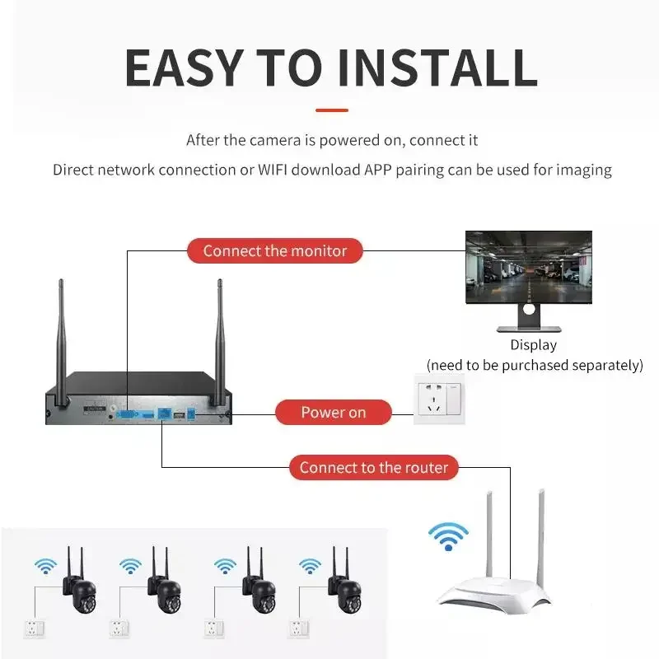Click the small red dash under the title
pyautogui.click(x=331, y=110)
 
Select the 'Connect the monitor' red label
pyautogui.click(x=275, y=250)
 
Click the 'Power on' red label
pyautogui.click(x=333, y=412)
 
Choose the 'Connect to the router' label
pyautogui.click(x=373, y=468)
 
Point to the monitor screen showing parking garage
pyautogui.click(x=528, y=268)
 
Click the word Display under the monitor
pyautogui.click(x=533, y=345)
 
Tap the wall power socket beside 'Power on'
pyautogui.click(x=439, y=399)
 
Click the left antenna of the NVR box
pyautogui.click(x=61, y=338)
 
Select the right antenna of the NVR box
pyautogui.click(x=221, y=338)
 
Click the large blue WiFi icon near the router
pyautogui.click(x=447, y=537)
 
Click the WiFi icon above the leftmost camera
pyautogui.click(x=45, y=567)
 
